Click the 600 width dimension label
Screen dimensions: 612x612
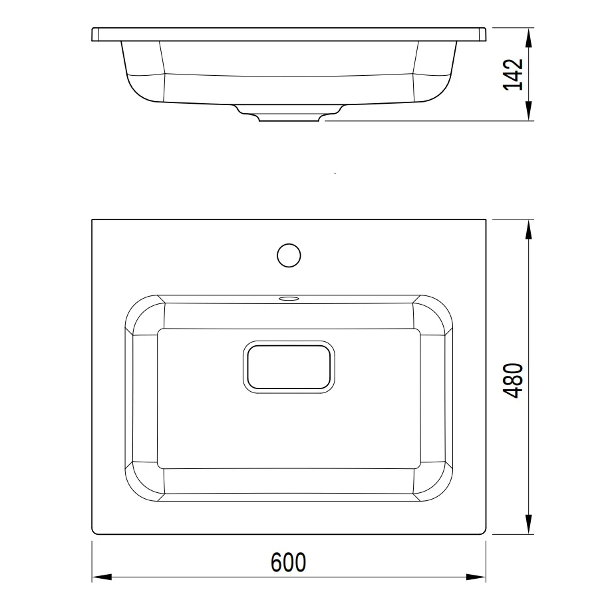tap(289, 562)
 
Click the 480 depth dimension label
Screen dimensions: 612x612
tap(513, 381)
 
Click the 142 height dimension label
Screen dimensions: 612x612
tap(513, 75)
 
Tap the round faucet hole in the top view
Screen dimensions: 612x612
tap(289, 255)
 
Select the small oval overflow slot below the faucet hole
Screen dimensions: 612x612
tap(289, 299)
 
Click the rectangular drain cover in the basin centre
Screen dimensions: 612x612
tap(289, 367)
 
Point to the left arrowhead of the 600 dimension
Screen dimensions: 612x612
tap(102, 577)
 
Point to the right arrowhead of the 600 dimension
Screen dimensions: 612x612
tap(476, 577)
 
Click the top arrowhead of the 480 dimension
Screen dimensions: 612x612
tap(528, 230)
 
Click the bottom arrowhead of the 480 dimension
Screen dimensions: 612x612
tap(528, 524)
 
